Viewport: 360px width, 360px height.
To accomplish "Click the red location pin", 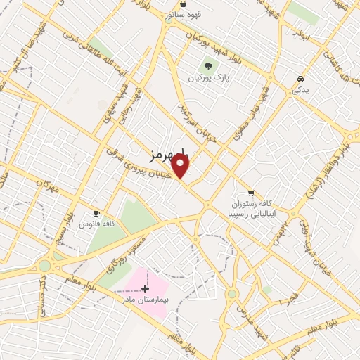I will point(181,166).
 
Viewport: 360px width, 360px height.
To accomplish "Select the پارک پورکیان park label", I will point(209,77).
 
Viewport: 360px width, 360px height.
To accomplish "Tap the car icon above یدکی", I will point(300,79).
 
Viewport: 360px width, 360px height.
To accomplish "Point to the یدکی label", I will point(300,90).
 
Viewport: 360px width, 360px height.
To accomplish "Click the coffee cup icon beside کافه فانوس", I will point(96,213).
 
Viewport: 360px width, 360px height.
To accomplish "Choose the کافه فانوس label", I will point(97,223).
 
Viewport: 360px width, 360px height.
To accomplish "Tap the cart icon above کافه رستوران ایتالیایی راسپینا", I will point(251,192).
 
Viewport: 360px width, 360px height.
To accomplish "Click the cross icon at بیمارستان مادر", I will point(146,289).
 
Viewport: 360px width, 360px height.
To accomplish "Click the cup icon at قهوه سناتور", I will point(183,4).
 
